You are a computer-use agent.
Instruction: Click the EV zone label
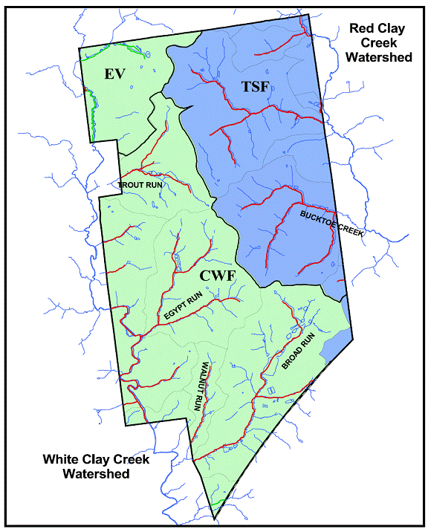[x=114, y=74]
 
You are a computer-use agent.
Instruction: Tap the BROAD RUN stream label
[x=299, y=352]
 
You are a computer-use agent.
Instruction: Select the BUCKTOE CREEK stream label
[x=331, y=223]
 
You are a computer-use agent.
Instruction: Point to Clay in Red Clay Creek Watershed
[x=393, y=29]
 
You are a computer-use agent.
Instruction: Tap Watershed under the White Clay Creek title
[x=96, y=473]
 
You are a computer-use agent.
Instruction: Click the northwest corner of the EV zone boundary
[x=80, y=48]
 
